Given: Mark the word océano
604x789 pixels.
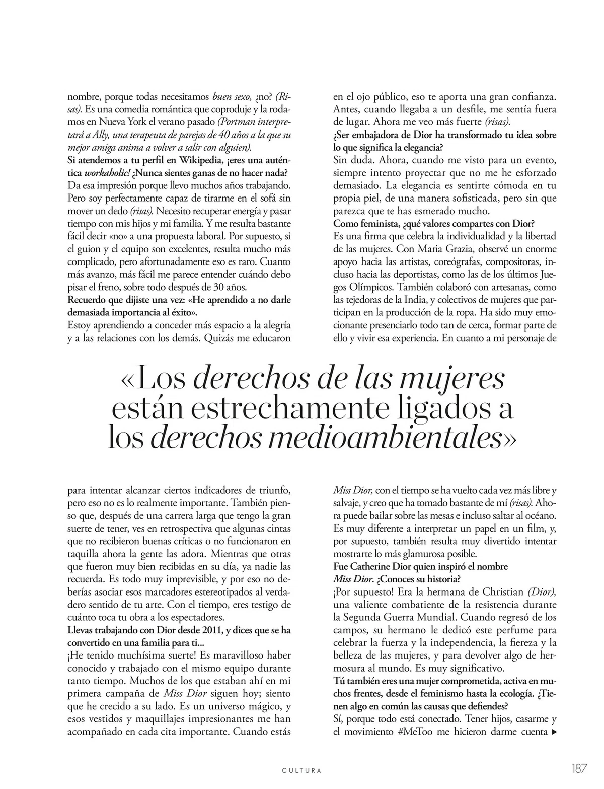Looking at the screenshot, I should pos(540,515).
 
